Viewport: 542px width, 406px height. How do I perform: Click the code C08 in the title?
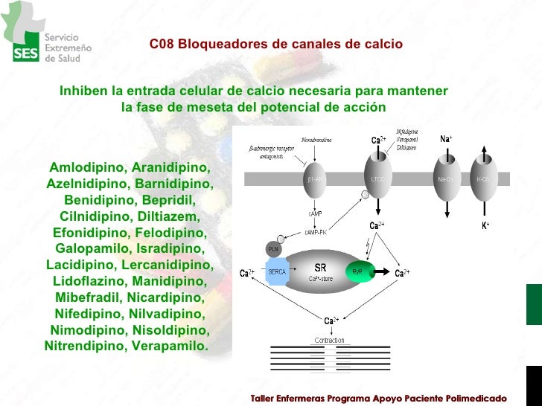[x=161, y=45]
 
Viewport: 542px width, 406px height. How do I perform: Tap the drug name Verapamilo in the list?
[x=170, y=346]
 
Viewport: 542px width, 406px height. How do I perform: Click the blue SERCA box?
[x=277, y=272]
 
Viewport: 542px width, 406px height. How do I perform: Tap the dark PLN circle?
[x=274, y=248]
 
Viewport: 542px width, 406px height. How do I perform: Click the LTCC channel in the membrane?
[x=378, y=179]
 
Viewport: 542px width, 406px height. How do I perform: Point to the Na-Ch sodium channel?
[x=446, y=179]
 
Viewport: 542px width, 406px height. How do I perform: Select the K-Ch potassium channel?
[x=484, y=179]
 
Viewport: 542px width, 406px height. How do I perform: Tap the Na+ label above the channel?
[x=446, y=139]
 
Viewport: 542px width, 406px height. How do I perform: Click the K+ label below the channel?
[x=485, y=225]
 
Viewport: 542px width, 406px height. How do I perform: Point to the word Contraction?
[x=329, y=340]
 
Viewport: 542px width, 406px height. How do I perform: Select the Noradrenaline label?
[x=316, y=139]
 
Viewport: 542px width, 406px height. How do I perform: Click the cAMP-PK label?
[x=316, y=233]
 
